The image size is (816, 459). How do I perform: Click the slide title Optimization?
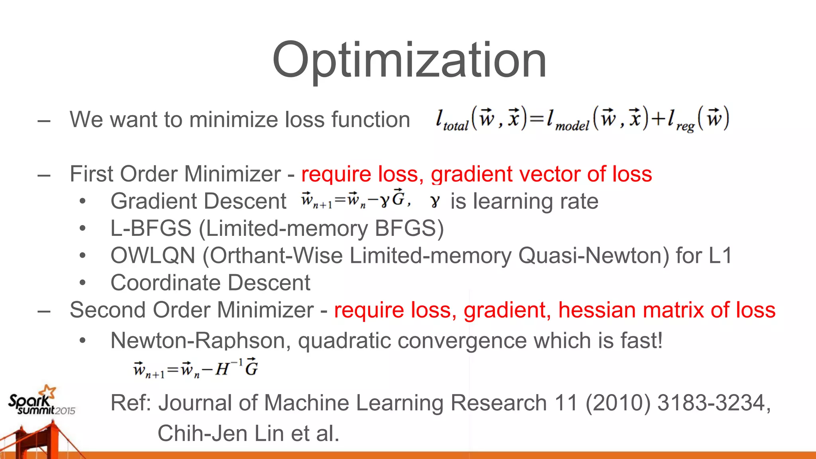(x=409, y=60)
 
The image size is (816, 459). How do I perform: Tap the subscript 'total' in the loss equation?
(x=455, y=127)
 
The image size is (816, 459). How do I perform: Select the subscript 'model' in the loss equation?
(x=572, y=127)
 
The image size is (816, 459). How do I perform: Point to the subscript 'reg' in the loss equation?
(x=685, y=127)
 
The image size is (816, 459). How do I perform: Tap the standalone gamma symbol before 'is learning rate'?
(x=435, y=202)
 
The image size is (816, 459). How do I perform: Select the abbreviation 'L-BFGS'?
(x=151, y=228)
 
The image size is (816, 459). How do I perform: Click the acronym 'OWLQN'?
(x=153, y=255)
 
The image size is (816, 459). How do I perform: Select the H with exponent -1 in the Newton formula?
(x=226, y=368)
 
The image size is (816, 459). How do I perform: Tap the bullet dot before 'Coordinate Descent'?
(x=82, y=283)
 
